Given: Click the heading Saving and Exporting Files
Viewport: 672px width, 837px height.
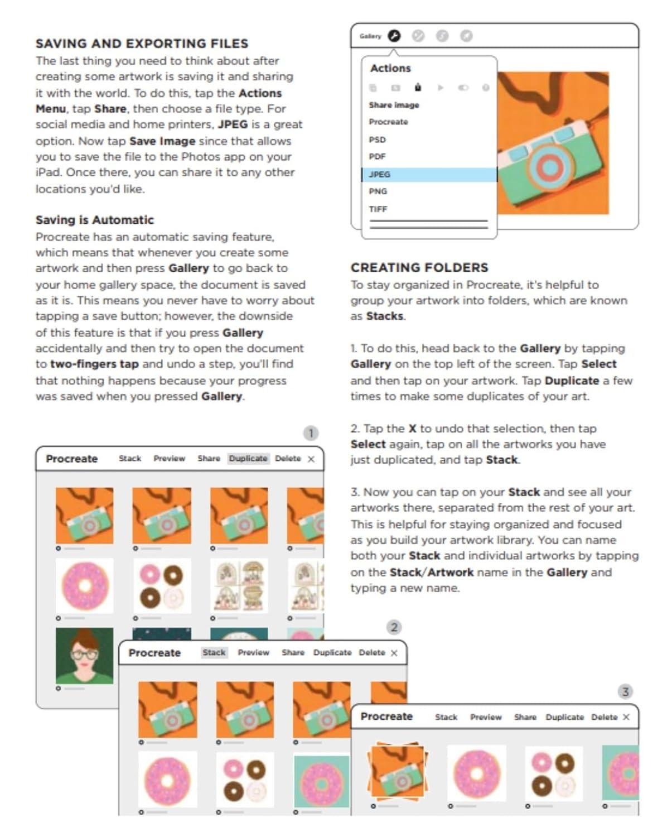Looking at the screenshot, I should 142,44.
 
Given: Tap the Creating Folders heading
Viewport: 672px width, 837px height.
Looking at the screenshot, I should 419,268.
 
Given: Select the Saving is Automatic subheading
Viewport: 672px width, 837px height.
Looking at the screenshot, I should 94,220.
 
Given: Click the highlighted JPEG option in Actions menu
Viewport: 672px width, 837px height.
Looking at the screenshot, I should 380,175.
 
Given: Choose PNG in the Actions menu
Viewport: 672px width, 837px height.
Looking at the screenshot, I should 378,191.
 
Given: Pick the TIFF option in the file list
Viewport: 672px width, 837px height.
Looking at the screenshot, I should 378,209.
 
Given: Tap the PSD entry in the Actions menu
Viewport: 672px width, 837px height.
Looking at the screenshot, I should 377,139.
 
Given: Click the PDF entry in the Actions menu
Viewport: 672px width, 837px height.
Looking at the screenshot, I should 377,157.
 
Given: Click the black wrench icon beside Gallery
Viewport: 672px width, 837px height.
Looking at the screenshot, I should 394,36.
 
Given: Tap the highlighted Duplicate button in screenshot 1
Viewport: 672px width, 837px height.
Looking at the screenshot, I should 248,459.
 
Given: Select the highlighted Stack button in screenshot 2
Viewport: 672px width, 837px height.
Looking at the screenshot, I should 214,653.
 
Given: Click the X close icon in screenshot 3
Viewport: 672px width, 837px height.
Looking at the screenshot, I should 626,717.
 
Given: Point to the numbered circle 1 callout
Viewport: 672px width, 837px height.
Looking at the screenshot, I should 311,433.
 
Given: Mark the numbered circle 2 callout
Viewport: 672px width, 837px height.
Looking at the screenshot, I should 394,627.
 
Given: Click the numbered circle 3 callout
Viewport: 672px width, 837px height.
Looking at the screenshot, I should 625,692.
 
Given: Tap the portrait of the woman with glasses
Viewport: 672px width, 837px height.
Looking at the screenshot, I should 84,655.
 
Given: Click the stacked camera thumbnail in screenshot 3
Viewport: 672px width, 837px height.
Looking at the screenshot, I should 397,772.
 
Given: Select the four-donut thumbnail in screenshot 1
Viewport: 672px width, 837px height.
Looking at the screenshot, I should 162,586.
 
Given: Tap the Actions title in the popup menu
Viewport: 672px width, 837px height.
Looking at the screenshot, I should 390,69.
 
